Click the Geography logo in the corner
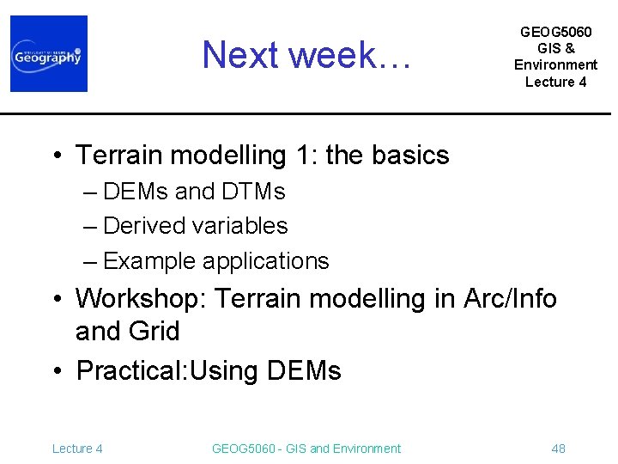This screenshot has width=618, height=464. coord(49,53)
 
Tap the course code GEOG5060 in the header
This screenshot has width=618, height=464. coord(555,32)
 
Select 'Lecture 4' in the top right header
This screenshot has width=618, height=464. coord(555,82)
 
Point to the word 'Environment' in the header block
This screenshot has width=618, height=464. coord(555,64)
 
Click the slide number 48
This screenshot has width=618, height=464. coord(558,449)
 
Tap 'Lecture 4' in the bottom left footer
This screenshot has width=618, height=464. coord(77,449)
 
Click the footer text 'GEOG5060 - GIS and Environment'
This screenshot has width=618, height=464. coord(306,449)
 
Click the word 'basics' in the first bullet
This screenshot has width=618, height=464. coord(410,156)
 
